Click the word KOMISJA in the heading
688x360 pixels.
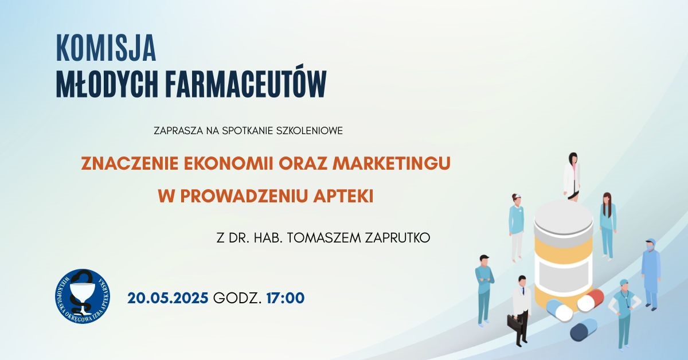click(x=106, y=48)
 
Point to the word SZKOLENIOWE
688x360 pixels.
click(x=310, y=131)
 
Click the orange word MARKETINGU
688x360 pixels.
click(x=392, y=163)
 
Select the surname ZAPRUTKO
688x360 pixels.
click(x=397, y=238)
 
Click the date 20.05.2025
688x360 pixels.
click(x=167, y=298)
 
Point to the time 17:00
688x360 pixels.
click(x=286, y=298)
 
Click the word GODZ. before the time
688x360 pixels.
click(x=237, y=298)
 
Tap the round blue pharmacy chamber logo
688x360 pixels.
click(x=83, y=296)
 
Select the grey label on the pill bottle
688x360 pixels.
click(x=564, y=273)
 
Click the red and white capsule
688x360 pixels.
click(x=591, y=300)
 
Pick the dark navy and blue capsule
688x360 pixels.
click(x=584, y=330)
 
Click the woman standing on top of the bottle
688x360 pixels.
click(x=572, y=177)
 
